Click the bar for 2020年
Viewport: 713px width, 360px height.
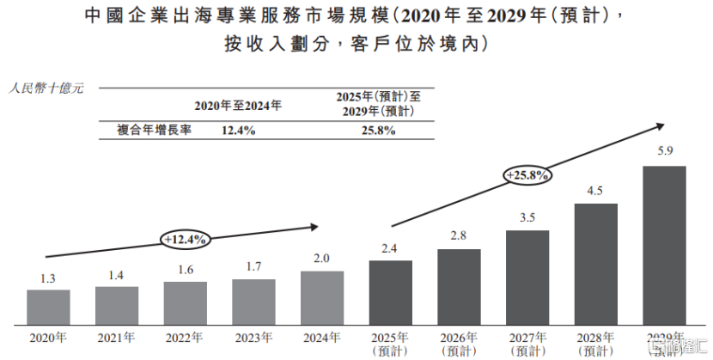[x=48, y=308]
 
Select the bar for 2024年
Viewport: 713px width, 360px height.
[x=322, y=298]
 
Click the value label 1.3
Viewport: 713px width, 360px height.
[x=48, y=278]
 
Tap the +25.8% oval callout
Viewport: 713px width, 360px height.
[x=528, y=175]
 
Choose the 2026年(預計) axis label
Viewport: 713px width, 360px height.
[x=459, y=343]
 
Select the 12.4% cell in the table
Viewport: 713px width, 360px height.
[x=238, y=131]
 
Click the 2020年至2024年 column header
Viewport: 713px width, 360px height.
[x=238, y=106]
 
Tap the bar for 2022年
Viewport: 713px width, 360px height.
[x=186, y=303]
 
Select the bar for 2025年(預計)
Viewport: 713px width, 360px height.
[x=390, y=292]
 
